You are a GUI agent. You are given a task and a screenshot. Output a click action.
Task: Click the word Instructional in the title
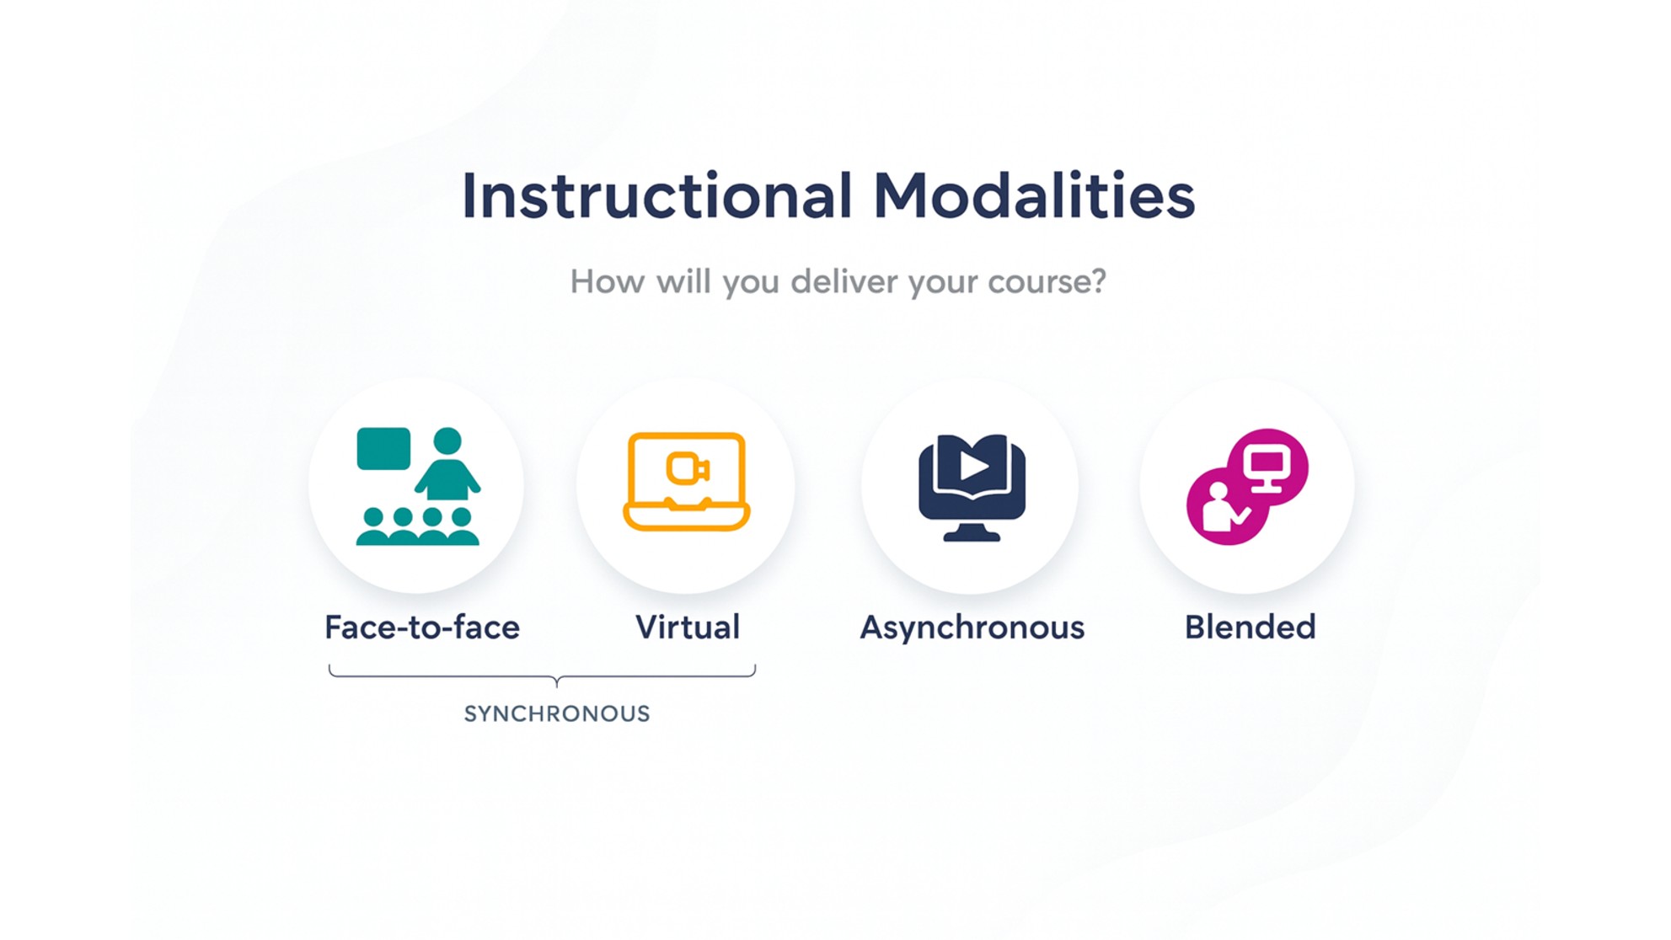pyautogui.click(x=657, y=195)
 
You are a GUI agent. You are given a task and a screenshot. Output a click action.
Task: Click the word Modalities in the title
pyautogui.click(x=1034, y=195)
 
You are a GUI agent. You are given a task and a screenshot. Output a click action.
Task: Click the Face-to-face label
pyautogui.click(x=422, y=627)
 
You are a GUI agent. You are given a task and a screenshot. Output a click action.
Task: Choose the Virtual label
pyautogui.click(x=688, y=627)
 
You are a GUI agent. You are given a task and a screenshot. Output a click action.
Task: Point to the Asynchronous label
pyautogui.click(x=972, y=628)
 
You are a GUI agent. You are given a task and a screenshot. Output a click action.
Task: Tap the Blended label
pyautogui.click(x=1250, y=627)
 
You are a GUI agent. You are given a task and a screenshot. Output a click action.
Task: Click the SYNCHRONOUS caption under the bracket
pyautogui.click(x=557, y=713)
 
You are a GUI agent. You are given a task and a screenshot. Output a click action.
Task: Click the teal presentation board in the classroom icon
pyautogui.click(x=383, y=448)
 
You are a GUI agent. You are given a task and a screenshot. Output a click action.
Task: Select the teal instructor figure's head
pyautogui.click(x=447, y=441)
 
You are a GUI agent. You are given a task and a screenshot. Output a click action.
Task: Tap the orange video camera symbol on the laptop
pyautogui.click(x=688, y=468)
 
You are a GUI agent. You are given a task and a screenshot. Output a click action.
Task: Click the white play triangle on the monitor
pyautogui.click(x=973, y=466)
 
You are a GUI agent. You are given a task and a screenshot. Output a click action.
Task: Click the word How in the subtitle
pyautogui.click(x=608, y=280)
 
